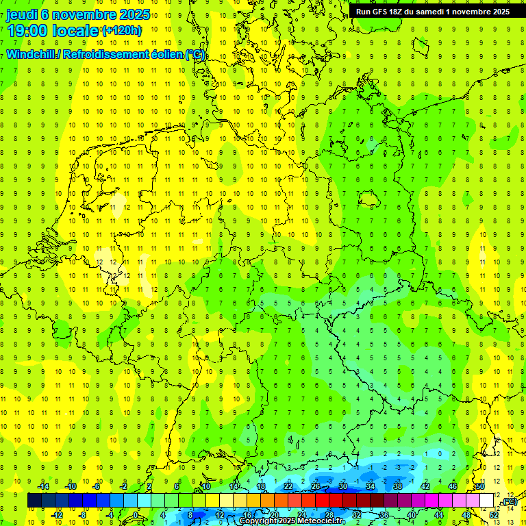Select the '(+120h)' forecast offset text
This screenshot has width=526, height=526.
[x=121, y=30]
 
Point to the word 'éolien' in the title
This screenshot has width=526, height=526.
[x=162, y=55]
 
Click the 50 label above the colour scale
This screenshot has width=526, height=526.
[x=480, y=486]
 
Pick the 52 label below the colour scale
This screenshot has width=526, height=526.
[x=494, y=515]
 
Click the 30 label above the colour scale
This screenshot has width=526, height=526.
[x=343, y=486]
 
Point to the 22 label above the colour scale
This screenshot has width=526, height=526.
[x=288, y=486]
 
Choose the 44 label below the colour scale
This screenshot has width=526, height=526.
[x=439, y=515]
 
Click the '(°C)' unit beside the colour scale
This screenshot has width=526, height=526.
[x=509, y=502]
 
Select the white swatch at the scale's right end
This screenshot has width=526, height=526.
[x=487, y=501]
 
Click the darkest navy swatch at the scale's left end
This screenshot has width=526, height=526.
[x=34, y=501]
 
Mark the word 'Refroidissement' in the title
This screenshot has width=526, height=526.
[x=103, y=55]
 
